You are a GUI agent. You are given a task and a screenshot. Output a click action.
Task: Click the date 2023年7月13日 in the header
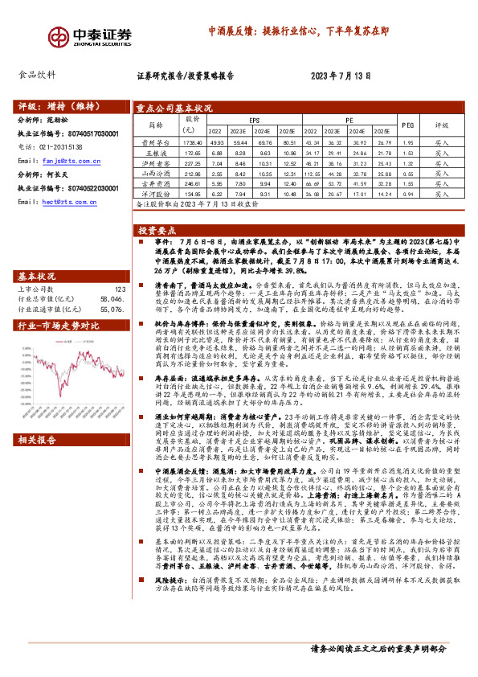click(340, 78)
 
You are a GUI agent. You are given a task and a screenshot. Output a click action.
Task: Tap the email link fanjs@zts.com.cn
click(65, 162)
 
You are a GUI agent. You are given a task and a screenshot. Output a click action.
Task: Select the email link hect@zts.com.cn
click(63, 203)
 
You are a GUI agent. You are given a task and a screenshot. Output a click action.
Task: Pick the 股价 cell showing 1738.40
click(194, 141)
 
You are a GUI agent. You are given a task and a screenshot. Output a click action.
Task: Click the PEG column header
click(407, 125)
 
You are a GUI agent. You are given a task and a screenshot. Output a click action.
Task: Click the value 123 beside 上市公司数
click(120, 266)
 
